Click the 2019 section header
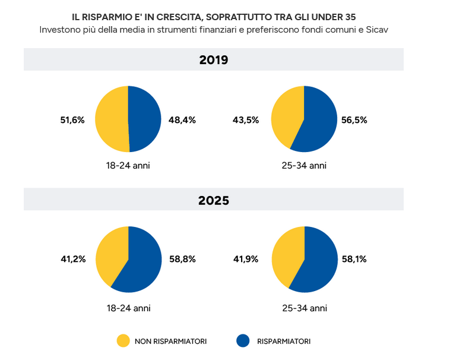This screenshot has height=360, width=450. point(213,60)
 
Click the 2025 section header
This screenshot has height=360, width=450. point(213,200)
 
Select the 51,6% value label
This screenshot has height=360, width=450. point(72,119)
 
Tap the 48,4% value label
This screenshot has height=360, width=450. point(182,119)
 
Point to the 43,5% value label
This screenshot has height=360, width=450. point(245,119)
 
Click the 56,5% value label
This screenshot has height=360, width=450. point(354,119)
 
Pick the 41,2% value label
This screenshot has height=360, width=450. point(73,259)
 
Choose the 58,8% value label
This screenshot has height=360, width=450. point(182,259)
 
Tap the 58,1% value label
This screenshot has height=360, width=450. point(354,259)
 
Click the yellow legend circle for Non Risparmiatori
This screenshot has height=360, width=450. point(123,340)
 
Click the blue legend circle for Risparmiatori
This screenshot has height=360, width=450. point(242,340)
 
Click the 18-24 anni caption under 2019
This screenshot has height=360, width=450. point(128,166)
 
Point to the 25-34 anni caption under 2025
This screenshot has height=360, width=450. point(304,308)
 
